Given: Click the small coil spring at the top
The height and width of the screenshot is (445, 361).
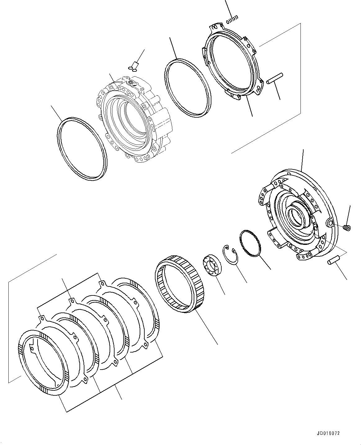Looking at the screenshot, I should click(232, 20).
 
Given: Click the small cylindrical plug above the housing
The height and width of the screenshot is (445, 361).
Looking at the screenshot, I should click(135, 65).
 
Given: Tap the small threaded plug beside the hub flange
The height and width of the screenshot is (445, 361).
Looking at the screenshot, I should click(347, 228).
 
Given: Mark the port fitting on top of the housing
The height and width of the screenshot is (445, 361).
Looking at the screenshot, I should click(133, 82).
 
